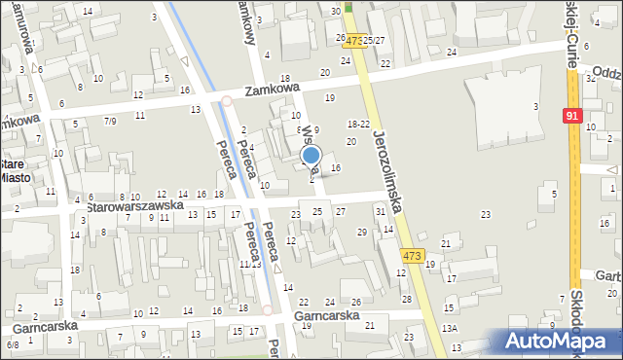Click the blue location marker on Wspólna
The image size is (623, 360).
311,156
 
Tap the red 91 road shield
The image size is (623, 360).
572,116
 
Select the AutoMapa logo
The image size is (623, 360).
558,341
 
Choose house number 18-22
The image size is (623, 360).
358,124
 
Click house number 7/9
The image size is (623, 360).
110,121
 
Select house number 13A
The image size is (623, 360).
449,329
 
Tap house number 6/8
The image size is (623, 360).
13,344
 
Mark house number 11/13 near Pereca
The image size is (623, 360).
250,264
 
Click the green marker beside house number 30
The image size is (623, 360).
348,8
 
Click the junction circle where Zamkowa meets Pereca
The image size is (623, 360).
226,100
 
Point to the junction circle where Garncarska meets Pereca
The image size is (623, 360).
268,310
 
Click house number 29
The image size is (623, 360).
362,232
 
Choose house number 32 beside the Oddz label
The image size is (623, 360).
590,78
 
